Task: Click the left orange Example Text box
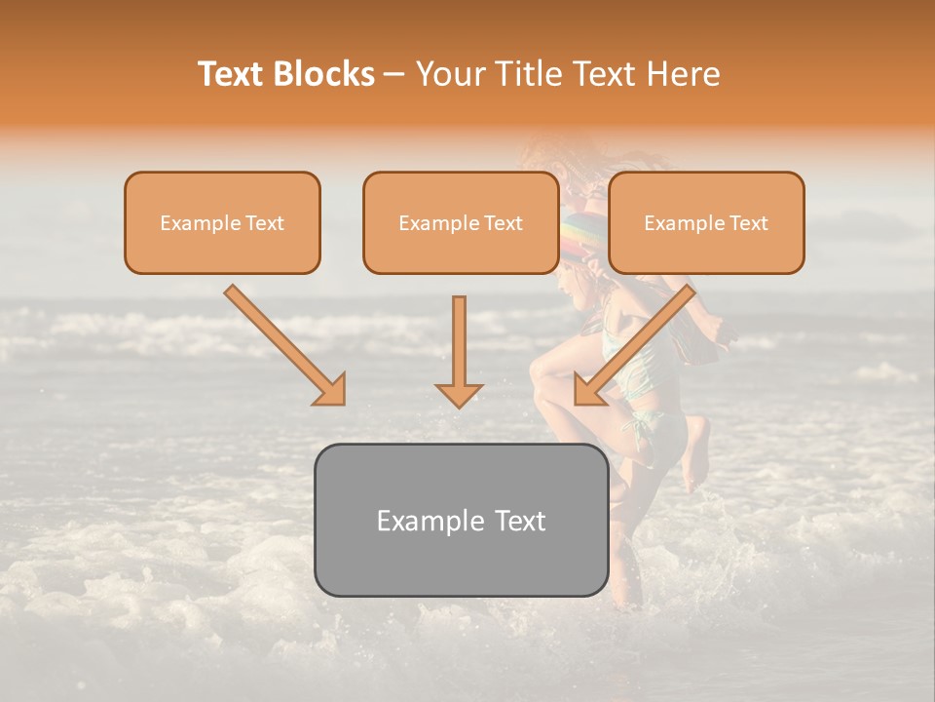point(222,222)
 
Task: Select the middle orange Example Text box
point(461,222)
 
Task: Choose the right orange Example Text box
point(706,222)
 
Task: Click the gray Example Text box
point(461,520)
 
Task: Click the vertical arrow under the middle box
point(459,341)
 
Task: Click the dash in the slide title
point(395,74)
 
